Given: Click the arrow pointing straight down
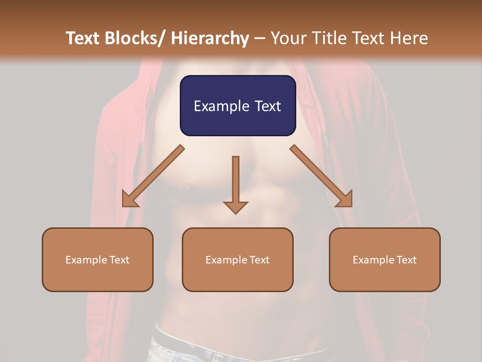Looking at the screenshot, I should [235, 181].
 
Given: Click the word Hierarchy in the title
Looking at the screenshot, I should [210, 38].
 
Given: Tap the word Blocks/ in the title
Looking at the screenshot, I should [136, 38].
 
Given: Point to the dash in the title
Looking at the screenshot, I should [260, 38].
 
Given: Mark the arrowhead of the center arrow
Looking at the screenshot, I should [235, 207].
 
